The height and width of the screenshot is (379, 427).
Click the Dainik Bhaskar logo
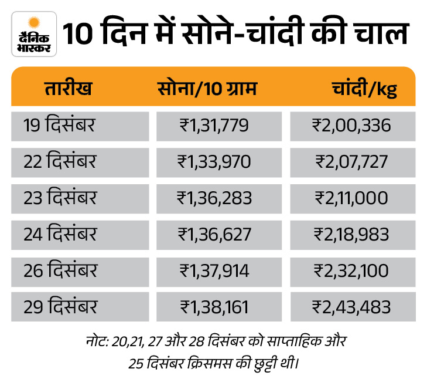(34, 33)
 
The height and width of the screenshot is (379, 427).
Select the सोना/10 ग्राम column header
(207, 90)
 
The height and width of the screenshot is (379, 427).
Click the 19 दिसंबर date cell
(60, 125)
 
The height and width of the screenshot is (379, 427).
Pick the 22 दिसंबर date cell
(60, 161)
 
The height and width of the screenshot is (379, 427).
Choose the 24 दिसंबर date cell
(60, 234)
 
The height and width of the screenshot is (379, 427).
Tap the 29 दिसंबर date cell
(60, 306)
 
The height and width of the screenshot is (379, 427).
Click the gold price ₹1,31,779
(214, 125)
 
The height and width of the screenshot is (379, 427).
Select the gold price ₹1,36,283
(214, 198)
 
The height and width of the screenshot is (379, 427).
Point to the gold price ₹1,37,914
(214, 270)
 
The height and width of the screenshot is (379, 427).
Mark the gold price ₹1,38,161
(214, 306)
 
